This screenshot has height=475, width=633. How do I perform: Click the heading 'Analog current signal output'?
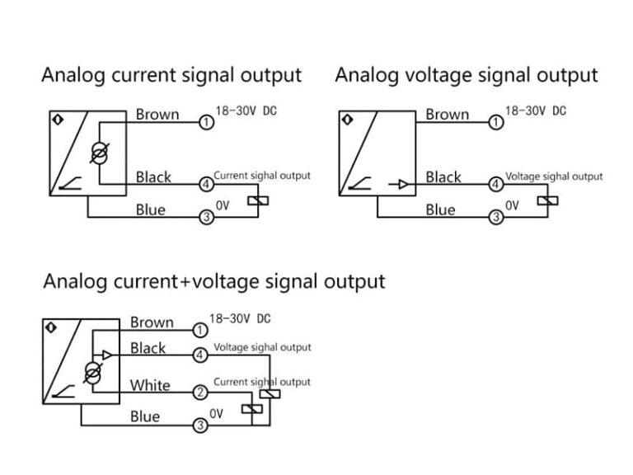[171, 76]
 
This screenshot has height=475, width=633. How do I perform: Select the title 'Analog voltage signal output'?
[466, 76]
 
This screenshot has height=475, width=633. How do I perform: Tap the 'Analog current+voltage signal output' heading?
[213, 281]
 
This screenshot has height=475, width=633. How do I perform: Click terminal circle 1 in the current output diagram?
[207, 123]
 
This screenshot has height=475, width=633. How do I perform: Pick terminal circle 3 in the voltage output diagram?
[496, 218]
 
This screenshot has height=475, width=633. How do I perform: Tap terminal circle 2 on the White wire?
[200, 393]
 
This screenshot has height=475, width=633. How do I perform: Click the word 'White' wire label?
[150, 385]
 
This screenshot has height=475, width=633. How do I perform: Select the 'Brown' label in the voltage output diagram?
[447, 115]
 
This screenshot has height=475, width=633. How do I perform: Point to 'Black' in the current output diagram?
[153, 176]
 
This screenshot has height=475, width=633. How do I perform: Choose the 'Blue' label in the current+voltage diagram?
[145, 416]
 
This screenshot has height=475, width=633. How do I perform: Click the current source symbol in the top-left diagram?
[101, 152]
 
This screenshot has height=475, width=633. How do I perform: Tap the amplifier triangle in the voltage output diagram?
[402, 183]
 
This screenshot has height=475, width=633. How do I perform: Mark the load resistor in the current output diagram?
[260, 201]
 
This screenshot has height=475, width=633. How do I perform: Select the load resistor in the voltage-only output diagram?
[548, 200]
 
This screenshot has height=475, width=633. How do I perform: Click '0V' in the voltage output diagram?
[512, 206]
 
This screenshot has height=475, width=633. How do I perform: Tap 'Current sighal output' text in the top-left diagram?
[262, 176]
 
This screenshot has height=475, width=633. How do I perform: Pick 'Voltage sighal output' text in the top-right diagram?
[553, 176]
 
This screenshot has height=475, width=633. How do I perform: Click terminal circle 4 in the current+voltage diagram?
[200, 355]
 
